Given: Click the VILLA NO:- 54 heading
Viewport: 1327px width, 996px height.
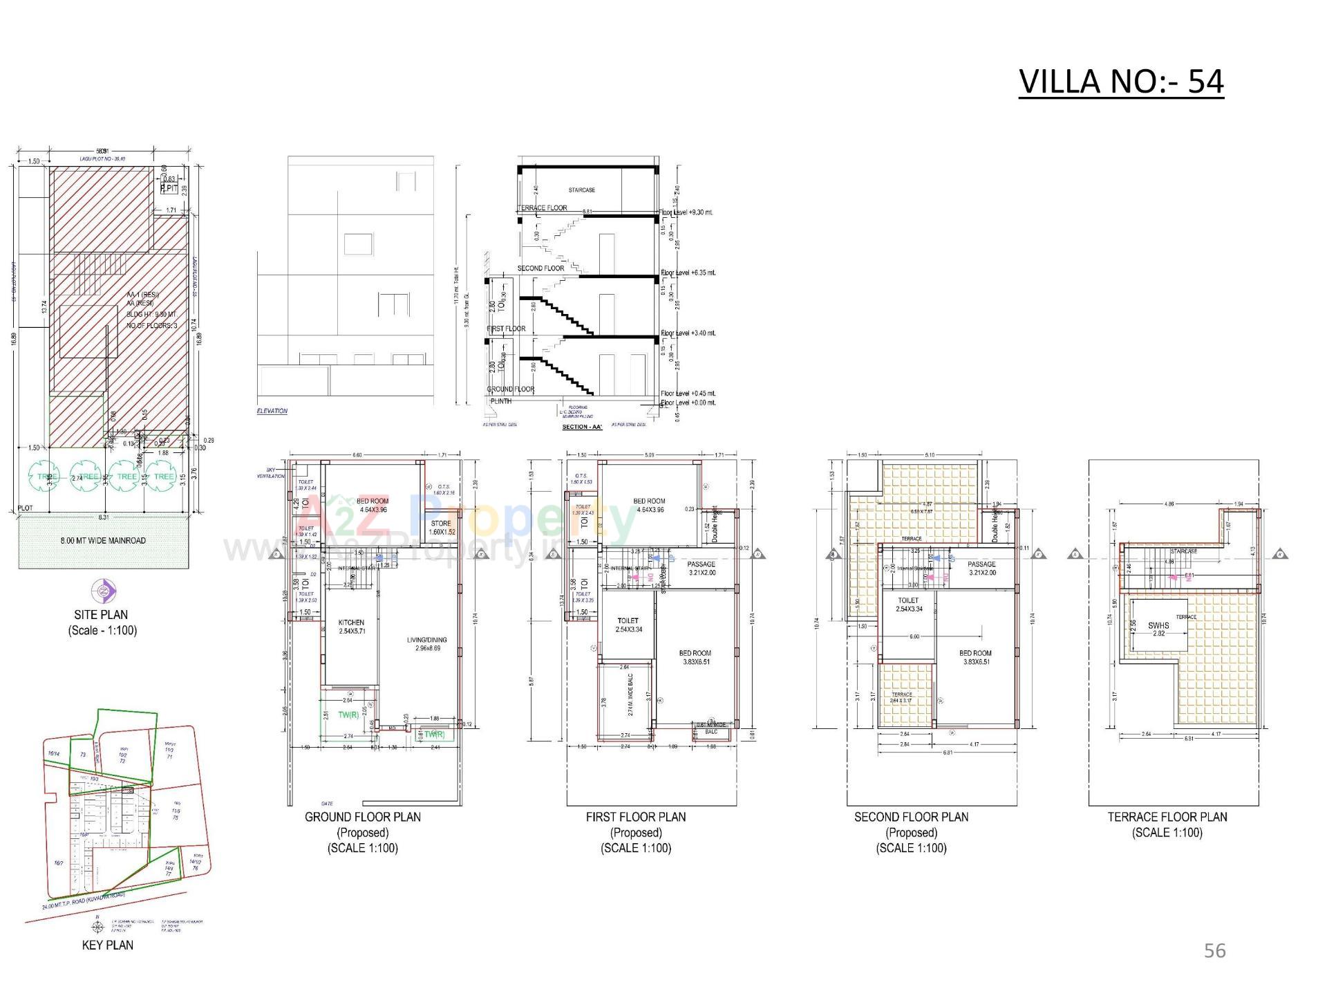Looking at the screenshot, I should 1121,82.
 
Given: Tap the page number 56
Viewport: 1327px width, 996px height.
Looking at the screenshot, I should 1214,951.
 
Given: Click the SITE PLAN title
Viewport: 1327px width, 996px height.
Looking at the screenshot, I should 101,614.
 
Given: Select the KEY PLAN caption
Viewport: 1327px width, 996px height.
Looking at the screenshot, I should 107,945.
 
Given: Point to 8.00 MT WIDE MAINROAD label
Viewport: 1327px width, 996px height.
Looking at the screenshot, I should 103,540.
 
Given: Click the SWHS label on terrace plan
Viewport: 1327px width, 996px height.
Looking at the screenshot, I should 1158,626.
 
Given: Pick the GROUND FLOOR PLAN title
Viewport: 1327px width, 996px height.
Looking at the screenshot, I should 362,817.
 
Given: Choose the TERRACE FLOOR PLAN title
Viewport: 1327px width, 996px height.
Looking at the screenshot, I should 1167,817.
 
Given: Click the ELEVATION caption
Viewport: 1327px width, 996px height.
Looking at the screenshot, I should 272,411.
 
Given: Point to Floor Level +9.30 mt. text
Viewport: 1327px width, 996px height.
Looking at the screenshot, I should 687,212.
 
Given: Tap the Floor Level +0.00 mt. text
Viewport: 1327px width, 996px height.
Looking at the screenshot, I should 688,403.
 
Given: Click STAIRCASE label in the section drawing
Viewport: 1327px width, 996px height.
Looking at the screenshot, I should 581,190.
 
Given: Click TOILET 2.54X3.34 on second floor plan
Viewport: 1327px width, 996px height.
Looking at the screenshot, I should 908,605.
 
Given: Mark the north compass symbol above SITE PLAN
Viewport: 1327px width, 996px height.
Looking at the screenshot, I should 104,591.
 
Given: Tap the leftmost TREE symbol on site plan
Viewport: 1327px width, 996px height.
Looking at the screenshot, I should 44,477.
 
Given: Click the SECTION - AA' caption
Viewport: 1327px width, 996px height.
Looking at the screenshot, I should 582,427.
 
